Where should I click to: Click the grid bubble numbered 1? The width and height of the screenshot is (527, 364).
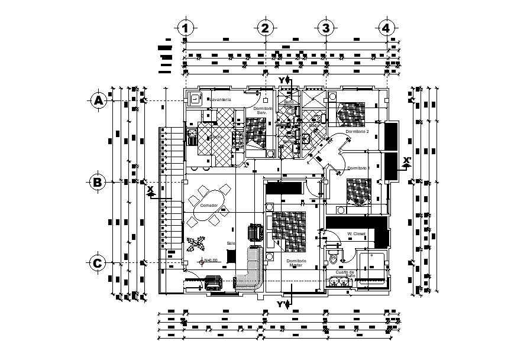click(x=186, y=28)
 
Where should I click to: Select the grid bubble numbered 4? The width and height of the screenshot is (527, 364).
click(x=386, y=28)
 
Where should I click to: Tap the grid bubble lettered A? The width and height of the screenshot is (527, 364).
click(x=99, y=100)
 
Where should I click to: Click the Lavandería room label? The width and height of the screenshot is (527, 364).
click(x=219, y=100)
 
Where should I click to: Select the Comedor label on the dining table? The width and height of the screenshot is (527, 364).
click(x=209, y=206)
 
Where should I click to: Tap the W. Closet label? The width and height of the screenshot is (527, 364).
click(x=357, y=234)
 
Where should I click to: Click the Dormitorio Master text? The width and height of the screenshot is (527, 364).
click(x=296, y=263)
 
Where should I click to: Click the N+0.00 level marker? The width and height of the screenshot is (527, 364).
click(x=209, y=260)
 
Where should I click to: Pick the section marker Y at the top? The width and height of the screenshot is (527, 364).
click(x=284, y=80)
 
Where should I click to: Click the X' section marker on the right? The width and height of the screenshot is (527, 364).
click(x=406, y=161)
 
